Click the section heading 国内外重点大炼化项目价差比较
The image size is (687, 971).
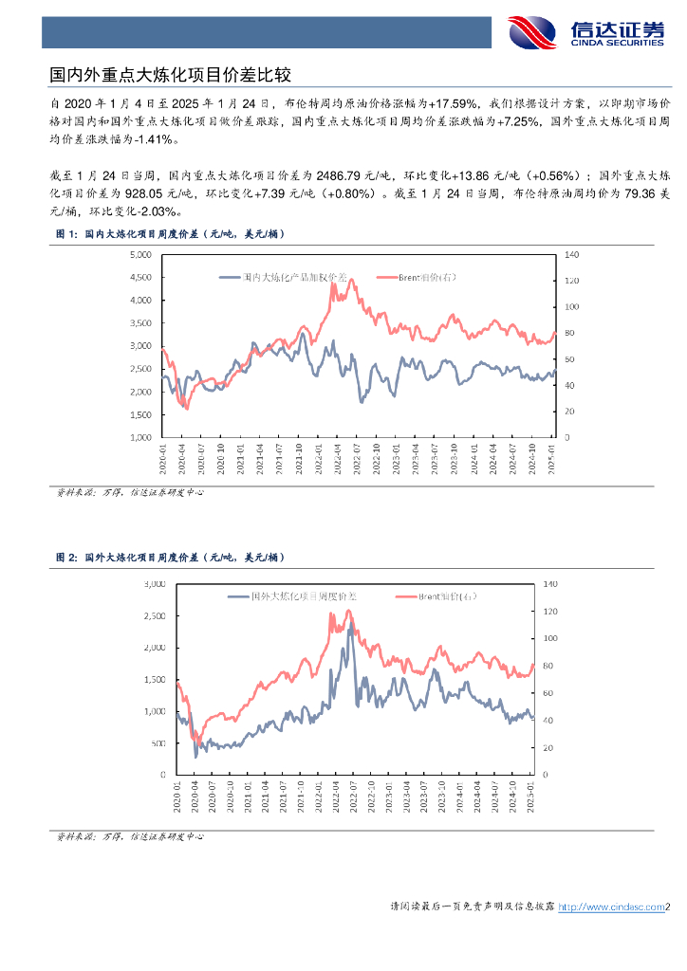pyautogui.click(x=169, y=73)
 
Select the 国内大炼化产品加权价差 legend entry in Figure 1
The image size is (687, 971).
pyautogui.click(x=284, y=278)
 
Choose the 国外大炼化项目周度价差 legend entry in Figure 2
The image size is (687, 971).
pyautogui.click(x=293, y=596)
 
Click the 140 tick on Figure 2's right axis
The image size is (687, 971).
pyautogui.click(x=550, y=584)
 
